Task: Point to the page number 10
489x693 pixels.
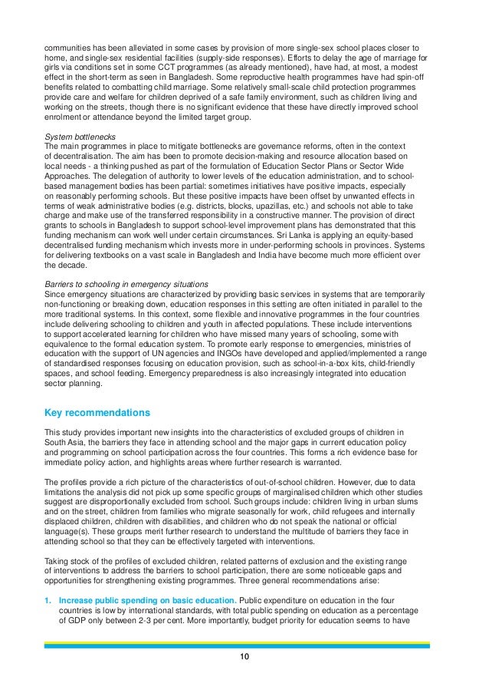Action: tap(244, 657)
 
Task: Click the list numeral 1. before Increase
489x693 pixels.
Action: tap(48, 601)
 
